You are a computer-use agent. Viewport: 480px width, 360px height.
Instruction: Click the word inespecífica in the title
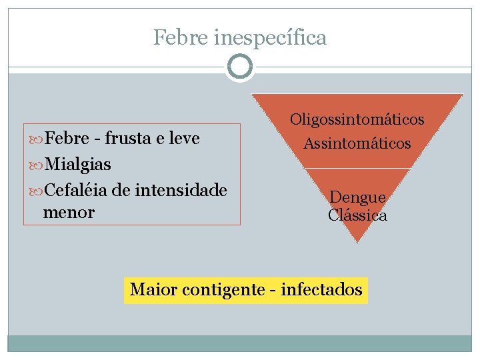(x=271, y=39)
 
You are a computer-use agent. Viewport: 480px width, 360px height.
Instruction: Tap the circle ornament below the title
(x=239, y=67)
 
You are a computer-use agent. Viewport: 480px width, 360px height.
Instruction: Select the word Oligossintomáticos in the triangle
(x=357, y=120)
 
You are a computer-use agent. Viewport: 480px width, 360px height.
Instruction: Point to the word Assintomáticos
(x=357, y=143)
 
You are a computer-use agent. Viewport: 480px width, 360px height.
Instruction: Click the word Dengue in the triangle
(x=357, y=198)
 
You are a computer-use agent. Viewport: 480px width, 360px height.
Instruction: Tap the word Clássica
(x=357, y=215)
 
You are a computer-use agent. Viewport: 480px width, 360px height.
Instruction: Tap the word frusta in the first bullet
(x=128, y=139)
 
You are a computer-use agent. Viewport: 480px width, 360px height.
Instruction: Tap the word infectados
(x=322, y=290)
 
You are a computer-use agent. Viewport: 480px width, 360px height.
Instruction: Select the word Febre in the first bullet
(x=67, y=139)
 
